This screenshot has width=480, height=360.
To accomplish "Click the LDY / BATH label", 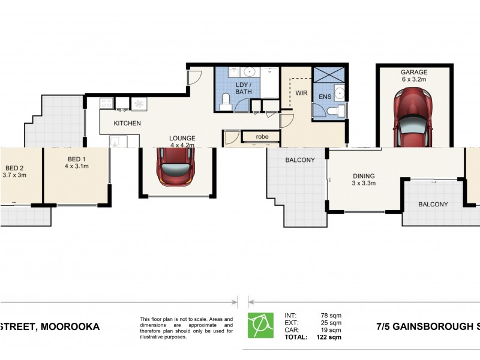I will point(243,88).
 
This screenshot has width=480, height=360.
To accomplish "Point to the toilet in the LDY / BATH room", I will point(226,101).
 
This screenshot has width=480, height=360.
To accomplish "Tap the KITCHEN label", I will point(128,123).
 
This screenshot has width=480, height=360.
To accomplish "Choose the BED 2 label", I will point(15,167).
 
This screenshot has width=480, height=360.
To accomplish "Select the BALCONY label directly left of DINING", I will point(299,160).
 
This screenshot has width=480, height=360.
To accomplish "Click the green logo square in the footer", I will point(260,325).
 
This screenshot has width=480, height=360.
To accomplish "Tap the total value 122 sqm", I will point(329,337).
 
